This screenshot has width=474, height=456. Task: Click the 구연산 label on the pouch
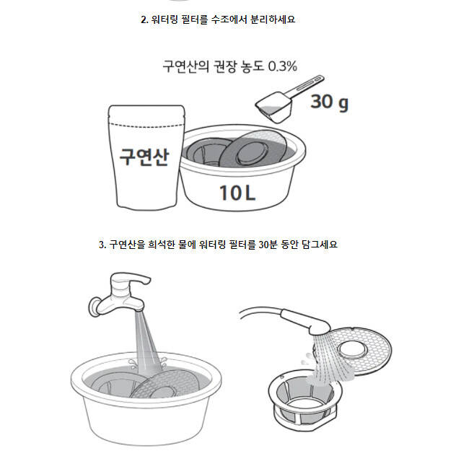point(144,157)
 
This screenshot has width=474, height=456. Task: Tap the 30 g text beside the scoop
point(330,102)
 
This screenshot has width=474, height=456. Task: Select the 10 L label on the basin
point(237,193)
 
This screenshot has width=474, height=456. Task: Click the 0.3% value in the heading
point(283,66)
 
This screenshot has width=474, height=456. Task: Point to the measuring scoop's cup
point(274,108)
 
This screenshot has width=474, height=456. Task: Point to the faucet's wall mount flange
point(95,307)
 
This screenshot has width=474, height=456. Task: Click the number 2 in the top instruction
point(144,19)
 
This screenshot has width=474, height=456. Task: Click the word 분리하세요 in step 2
point(273,19)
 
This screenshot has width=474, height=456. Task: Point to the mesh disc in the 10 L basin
point(253,148)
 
